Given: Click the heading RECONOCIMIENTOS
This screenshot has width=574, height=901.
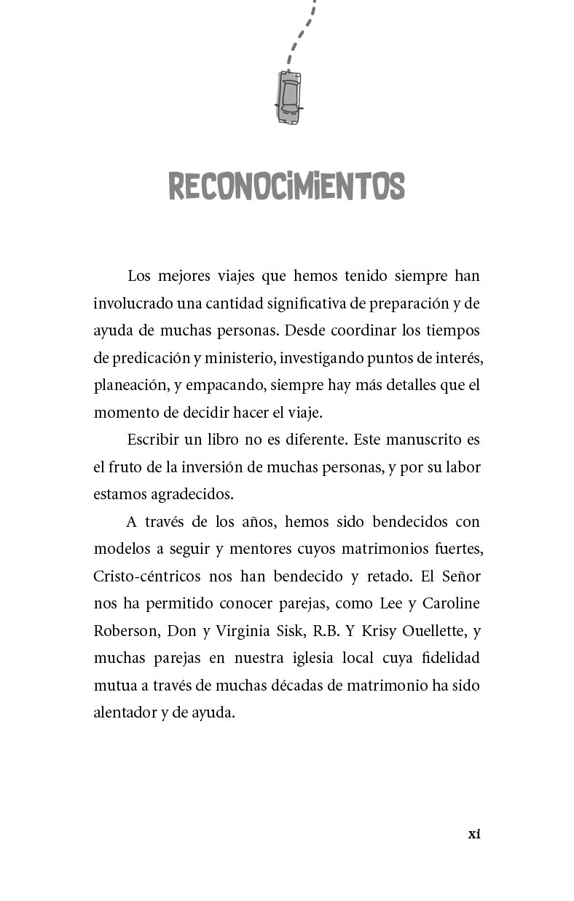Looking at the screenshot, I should [x=286, y=187].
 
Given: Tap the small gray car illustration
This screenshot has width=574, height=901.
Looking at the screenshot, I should [x=288, y=98].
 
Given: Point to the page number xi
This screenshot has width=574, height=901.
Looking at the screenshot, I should [x=473, y=834].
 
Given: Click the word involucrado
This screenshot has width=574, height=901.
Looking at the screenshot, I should [x=128, y=303].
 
